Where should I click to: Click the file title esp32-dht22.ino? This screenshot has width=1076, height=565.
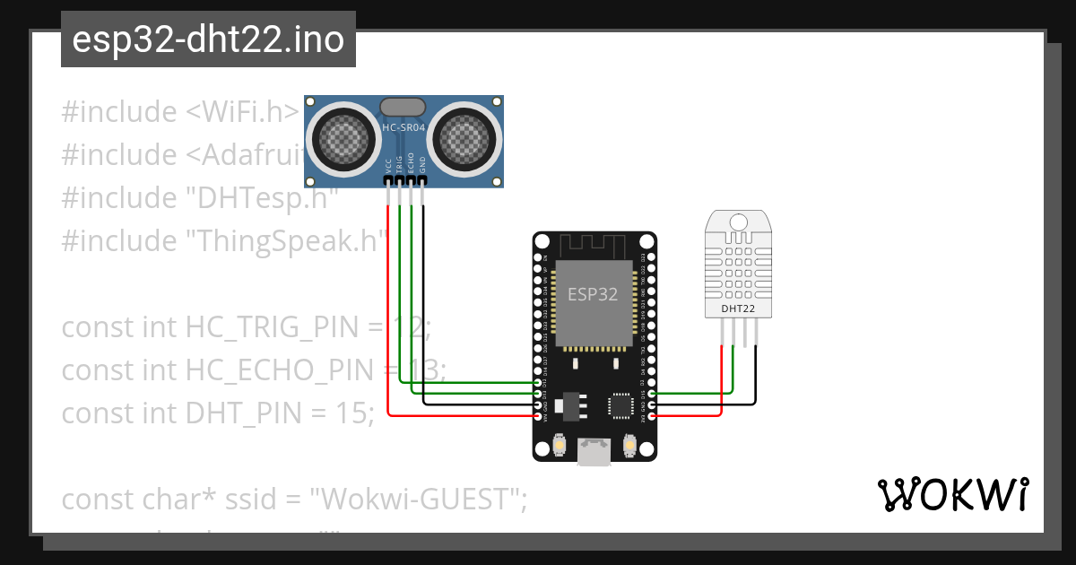208,40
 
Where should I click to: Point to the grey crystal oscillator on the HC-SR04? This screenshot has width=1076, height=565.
403,107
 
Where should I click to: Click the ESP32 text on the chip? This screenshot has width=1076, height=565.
594,292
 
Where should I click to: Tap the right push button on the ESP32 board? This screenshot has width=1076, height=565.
629,445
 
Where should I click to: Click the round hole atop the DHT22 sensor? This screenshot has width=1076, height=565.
740,222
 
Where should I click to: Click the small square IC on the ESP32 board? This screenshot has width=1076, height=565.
621,405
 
